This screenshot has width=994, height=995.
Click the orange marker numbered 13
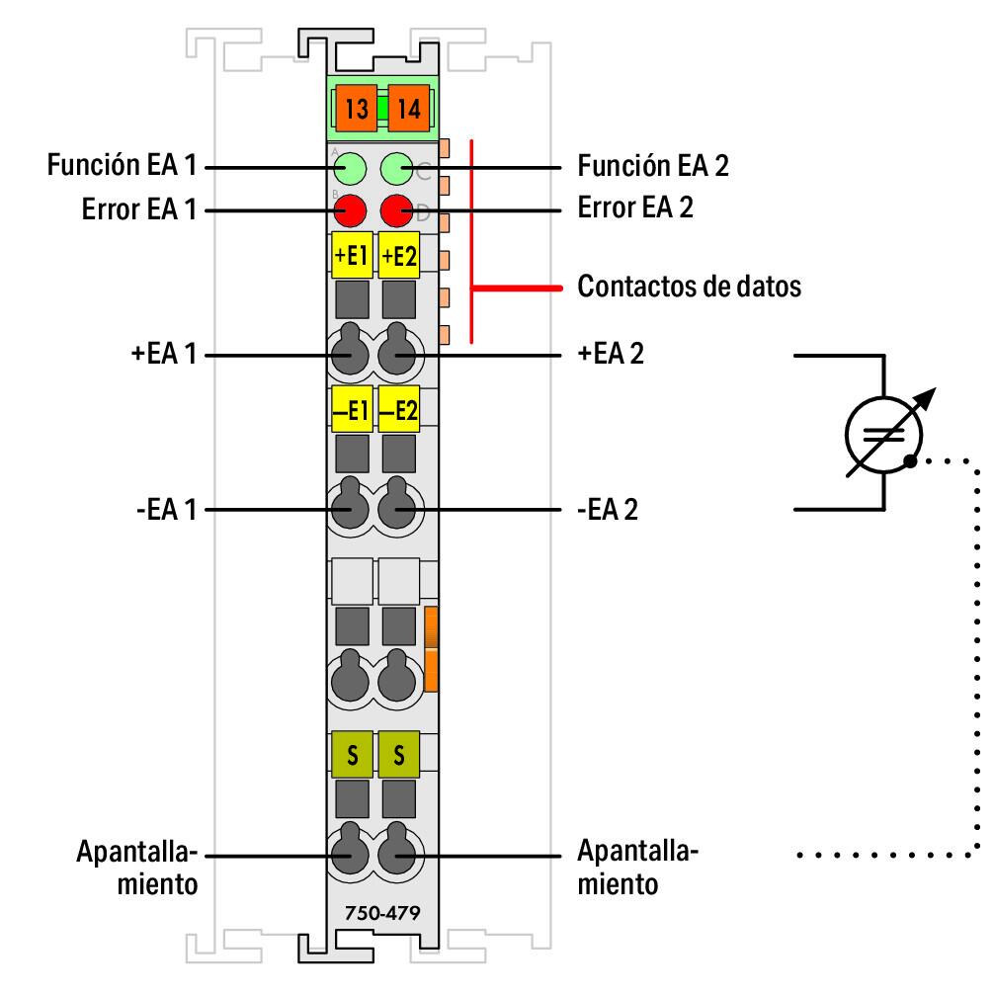357,109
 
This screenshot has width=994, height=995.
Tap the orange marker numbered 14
407,109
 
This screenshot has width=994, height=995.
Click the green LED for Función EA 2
397,168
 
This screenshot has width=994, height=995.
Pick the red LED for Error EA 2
397,209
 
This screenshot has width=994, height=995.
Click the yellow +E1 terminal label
351,256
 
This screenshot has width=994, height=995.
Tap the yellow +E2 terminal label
399,256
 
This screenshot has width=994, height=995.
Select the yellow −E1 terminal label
351,409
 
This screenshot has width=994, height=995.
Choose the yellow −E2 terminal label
399,409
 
